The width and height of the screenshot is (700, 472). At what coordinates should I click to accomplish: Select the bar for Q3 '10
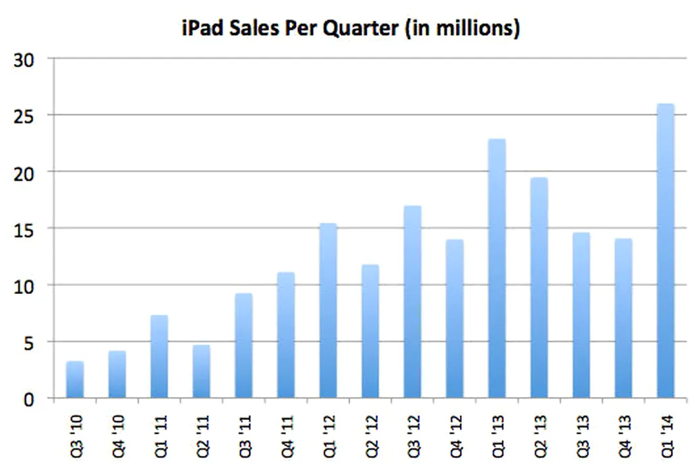pos(75,380)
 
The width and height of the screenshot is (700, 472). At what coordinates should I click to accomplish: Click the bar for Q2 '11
pos(202,372)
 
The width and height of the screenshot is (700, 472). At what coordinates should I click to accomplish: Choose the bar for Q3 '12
pos(412,302)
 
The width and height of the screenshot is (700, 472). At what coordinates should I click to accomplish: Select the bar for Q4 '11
pos(286,335)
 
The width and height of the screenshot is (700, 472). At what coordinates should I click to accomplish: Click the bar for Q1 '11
pos(159,357)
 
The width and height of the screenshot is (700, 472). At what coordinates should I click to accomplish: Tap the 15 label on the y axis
pos(26,229)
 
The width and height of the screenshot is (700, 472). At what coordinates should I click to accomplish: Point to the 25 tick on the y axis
pos(26,116)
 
